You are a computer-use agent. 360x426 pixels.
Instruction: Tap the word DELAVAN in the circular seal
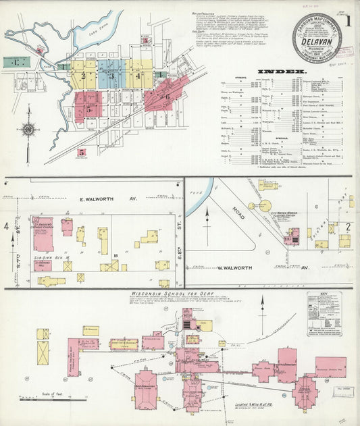tap(317, 39)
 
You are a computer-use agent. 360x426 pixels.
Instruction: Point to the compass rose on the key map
tap(28, 129)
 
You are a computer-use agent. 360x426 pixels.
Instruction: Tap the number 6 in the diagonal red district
tap(167, 95)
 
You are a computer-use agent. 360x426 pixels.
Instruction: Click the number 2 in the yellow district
tap(84, 76)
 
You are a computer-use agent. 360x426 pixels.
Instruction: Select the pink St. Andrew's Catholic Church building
tap(43, 234)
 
